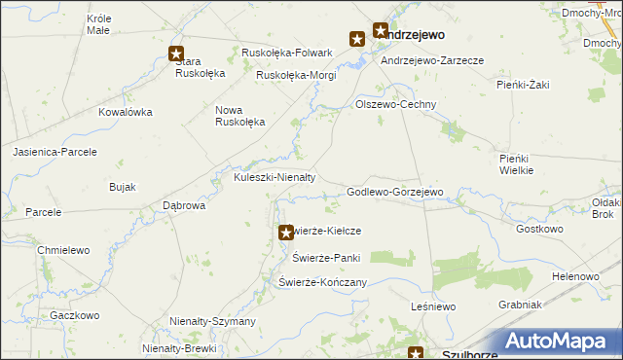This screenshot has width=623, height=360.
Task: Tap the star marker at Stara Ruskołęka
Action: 176,54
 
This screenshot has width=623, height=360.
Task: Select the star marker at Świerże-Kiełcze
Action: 285,233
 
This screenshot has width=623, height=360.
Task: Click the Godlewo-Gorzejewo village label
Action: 395,193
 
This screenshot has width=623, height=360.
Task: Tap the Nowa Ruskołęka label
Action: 239,116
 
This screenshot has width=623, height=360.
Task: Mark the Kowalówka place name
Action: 126,112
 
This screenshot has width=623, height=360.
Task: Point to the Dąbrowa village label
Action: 184,206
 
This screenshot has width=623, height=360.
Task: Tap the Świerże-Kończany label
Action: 322,282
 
